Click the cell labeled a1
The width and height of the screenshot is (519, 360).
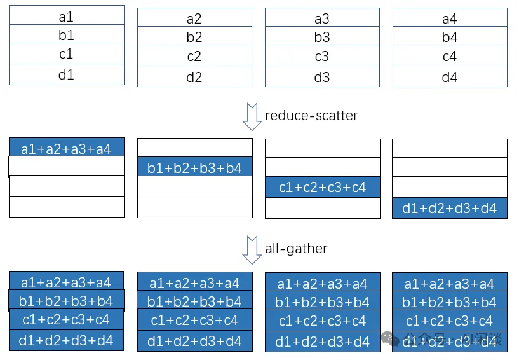(x=66, y=17)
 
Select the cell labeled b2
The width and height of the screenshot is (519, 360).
(x=194, y=37)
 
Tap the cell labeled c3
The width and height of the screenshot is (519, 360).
(x=322, y=57)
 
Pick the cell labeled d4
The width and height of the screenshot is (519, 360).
(x=450, y=78)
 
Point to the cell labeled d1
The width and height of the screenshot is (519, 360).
(x=66, y=74)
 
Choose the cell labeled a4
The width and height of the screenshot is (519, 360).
(x=450, y=18)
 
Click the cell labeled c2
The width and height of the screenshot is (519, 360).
(x=194, y=56)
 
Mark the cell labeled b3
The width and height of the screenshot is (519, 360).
(x=322, y=37)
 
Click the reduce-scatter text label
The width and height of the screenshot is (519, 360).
(x=311, y=116)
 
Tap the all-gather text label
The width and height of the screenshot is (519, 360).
(x=296, y=248)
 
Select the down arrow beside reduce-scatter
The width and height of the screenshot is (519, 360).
(x=252, y=117)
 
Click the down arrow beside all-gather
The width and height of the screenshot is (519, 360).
(x=252, y=249)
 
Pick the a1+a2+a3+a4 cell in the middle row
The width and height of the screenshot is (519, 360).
(x=66, y=149)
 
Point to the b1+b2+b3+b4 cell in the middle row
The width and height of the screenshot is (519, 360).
(x=194, y=168)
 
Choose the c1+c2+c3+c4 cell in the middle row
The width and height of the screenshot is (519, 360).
(x=322, y=188)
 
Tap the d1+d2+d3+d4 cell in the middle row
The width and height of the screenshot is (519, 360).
(x=450, y=208)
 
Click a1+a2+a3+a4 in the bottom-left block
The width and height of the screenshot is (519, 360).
(x=66, y=282)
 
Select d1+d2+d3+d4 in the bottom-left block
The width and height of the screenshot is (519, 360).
(x=66, y=340)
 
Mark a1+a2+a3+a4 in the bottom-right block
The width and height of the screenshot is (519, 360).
(x=450, y=283)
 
